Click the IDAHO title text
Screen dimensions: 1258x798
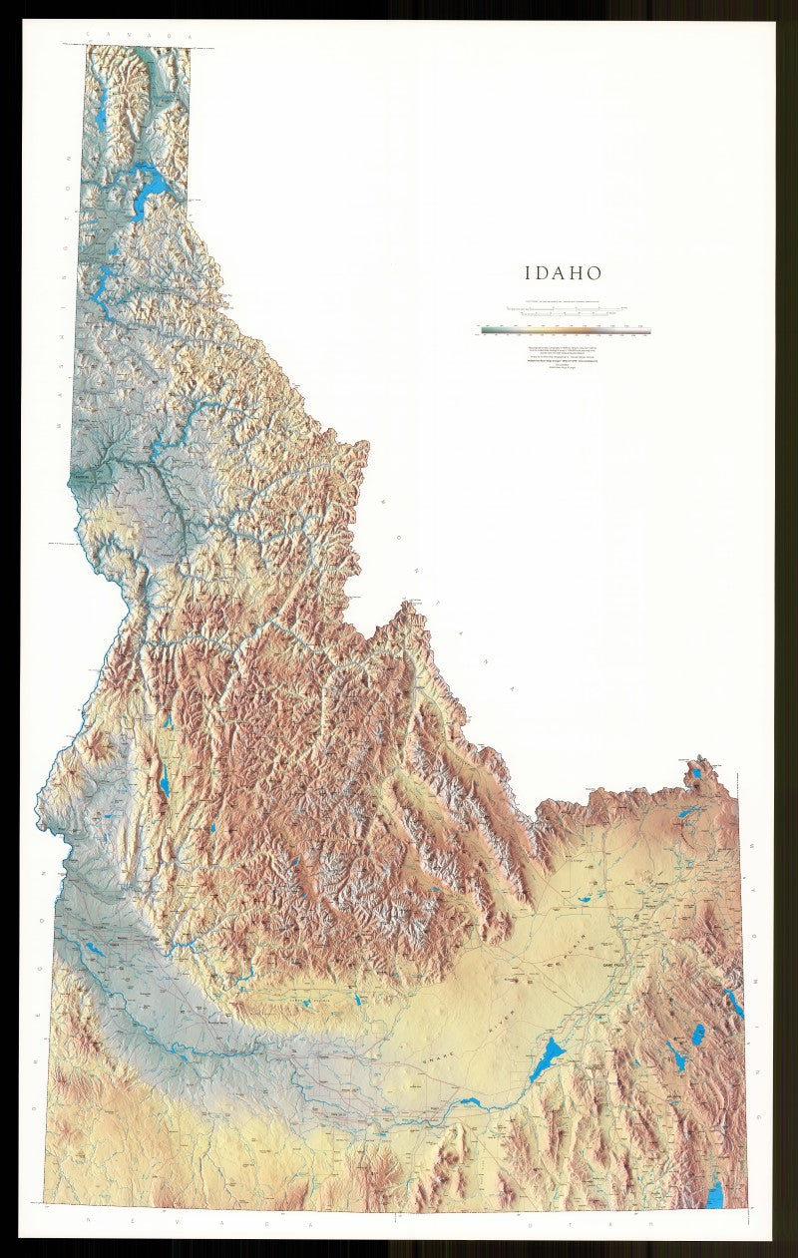[564, 272]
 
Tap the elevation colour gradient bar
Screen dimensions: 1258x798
[565, 329]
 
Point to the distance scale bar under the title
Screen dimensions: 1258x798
[565, 308]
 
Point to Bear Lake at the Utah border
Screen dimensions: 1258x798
[715, 1193]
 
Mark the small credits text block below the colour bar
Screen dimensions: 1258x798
[565, 358]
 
